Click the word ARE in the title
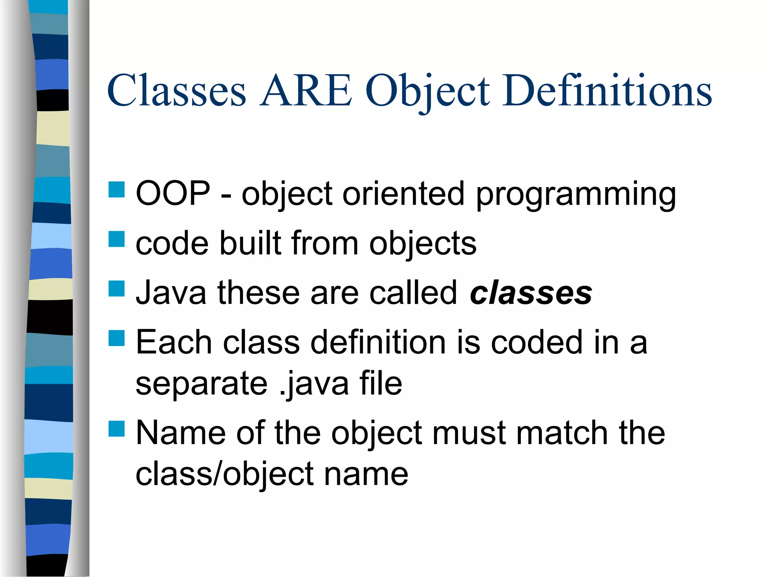coord(306,91)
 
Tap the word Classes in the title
coord(176,91)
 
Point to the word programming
coord(576,195)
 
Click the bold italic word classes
coord(531,293)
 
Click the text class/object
coord(225,474)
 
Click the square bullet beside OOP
coord(116,190)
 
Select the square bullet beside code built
coord(116,239)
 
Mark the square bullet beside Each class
coord(116,338)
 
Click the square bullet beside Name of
coord(116,429)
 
